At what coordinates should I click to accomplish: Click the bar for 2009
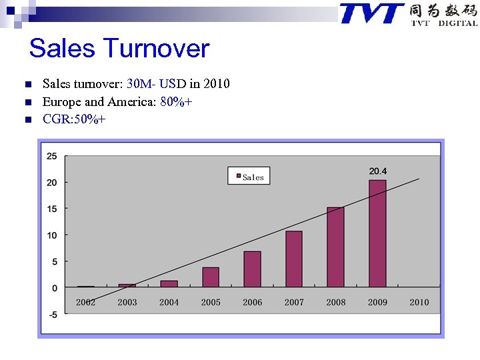[377, 233]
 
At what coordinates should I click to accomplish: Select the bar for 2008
[335, 247]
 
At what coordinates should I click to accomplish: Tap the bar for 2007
[294, 259]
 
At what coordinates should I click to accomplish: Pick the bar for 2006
[252, 269]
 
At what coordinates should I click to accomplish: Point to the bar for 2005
[211, 277]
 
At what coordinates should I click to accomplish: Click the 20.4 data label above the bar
[378, 171]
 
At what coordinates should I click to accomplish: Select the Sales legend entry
[249, 177]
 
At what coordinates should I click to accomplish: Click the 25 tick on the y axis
[52, 156]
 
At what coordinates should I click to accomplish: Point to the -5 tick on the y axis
[52, 314]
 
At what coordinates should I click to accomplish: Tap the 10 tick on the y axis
[52, 235]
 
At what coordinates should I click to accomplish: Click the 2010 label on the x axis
[419, 302]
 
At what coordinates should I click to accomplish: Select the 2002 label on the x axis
[85, 302]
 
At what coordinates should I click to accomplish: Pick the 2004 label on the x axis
[169, 302]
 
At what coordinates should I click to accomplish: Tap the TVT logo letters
[371, 13]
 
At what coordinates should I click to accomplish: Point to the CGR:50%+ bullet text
[73, 119]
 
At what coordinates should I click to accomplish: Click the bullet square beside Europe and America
[27, 103]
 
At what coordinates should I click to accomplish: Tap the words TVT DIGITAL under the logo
[444, 23]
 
